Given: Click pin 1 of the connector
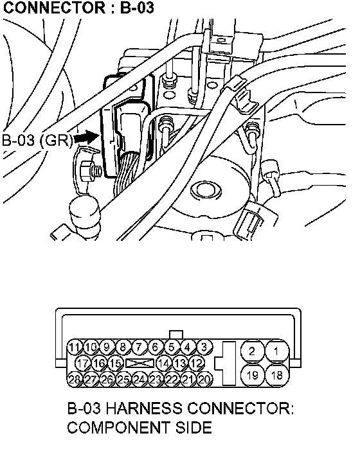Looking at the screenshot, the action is tap(277, 351).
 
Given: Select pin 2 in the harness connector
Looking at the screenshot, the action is tap(252, 351).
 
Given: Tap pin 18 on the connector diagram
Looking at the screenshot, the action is tap(277, 375).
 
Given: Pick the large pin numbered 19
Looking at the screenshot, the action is tap(252, 375).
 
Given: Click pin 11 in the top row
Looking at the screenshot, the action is tap(75, 347).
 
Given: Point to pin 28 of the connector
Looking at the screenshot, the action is tap(75, 379).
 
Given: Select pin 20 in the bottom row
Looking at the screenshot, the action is tap(205, 379).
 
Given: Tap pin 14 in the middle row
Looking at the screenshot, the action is tap(165, 364).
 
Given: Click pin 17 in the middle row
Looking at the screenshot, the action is tap(83, 364).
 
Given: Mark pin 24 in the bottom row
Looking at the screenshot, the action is tap(140, 379).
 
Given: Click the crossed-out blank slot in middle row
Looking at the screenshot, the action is tap(140, 364).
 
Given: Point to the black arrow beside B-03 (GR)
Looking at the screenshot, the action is tap(86, 138).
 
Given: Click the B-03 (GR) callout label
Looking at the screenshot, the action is tap(37, 141).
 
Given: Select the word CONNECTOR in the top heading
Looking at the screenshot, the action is tap(55, 8).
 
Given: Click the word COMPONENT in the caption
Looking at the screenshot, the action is tap(118, 428).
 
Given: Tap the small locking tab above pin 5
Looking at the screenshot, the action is tap(176, 335).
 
